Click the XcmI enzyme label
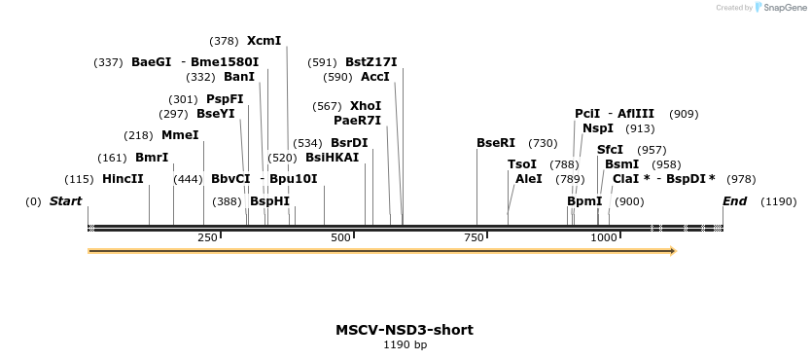(x=264, y=41)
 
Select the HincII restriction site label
(x=123, y=179)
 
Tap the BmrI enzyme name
(x=152, y=158)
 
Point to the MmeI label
(x=180, y=135)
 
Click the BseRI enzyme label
(x=496, y=143)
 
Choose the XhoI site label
(x=366, y=106)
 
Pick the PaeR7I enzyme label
(x=357, y=121)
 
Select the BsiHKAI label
(x=333, y=158)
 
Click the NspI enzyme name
(x=598, y=128)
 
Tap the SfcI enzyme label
(x=610, y=150)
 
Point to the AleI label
(x=529, y=179)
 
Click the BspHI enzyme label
(x=269, y=201)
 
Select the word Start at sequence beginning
(x=66, y=201)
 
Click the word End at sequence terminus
(x=734, y=201)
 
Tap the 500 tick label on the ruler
(x=341, y=238)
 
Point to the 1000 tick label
(x=604, y=238)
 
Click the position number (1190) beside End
(x=779, y=202)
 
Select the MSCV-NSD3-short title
(x=405, y=330)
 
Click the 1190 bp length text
(x=405, y=344)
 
